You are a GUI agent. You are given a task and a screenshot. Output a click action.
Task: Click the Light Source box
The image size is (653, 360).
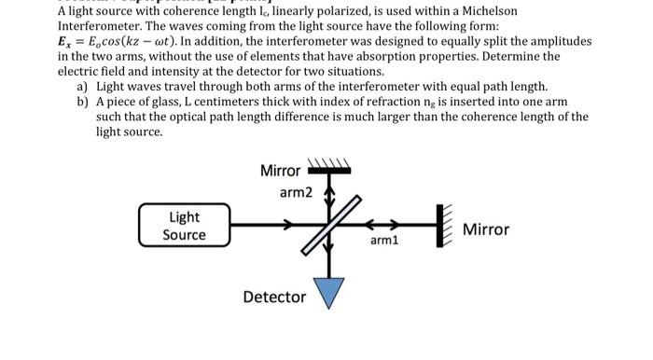[185, 226]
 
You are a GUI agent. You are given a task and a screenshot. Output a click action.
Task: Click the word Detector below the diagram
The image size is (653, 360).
[274, 297]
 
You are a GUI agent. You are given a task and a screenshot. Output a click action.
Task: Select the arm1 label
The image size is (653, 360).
[384, 241]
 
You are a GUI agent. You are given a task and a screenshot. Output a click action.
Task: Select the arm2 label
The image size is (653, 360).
[296, 193]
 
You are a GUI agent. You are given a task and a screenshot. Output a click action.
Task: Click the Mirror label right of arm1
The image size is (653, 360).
[486, 229]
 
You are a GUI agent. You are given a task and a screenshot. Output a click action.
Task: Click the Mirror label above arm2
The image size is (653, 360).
[280, 171]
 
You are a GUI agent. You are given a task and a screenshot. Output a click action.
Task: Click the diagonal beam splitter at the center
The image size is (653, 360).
[327, 225]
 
